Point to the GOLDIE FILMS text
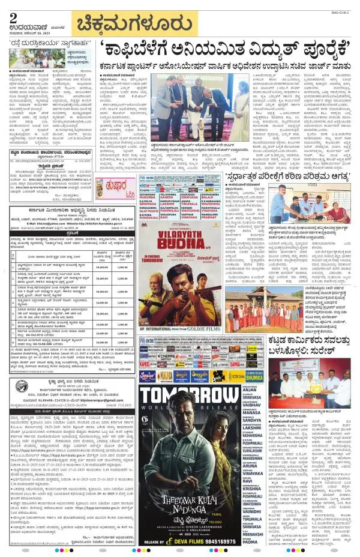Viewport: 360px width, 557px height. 204,330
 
